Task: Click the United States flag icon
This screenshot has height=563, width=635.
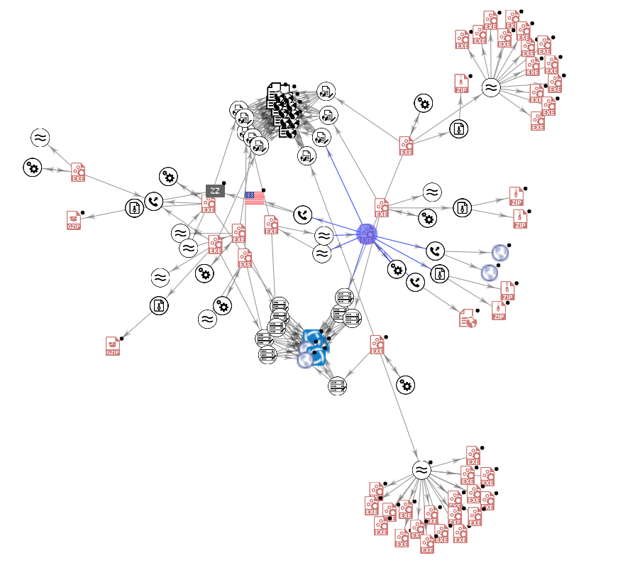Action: (x=254, y=198)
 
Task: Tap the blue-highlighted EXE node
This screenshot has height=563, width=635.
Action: (x=367, y=233)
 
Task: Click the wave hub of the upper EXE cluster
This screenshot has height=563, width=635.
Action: (x=490, y=88)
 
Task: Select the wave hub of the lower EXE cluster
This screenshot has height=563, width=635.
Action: (x=421, y=470)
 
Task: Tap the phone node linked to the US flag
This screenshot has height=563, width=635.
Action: (x=303, y=214)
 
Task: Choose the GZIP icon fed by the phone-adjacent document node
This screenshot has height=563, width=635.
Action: (x=74, y=220)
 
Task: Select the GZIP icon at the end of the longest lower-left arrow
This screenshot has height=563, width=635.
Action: (x=113, y=346)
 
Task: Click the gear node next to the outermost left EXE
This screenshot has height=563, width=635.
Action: (x=33, y=168)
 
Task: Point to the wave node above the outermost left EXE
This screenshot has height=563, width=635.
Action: (x=40, y=138)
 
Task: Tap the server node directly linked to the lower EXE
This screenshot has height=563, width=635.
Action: (x=338, y=386)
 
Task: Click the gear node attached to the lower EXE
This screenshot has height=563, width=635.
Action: (x=405, y=385)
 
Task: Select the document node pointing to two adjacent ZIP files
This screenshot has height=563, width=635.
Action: (x=462, y=208)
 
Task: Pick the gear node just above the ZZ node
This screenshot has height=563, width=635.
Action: (x=168, y=177)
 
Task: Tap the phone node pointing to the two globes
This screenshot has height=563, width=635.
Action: (x=435, y=251)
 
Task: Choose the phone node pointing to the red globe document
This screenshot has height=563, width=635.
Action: (x=416, y=283)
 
